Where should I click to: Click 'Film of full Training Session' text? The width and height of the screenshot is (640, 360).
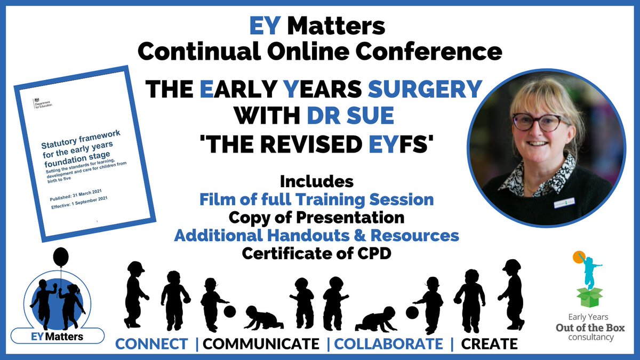click(x=317, y=200)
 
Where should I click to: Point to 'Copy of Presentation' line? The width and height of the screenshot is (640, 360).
click(x=316, y=218)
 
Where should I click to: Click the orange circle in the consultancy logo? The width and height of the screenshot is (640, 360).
click(x=577, y=257)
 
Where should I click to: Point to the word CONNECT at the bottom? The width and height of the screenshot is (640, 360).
click(x=151, y=344)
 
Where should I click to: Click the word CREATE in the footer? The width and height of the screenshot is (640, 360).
click(x=489, y=344)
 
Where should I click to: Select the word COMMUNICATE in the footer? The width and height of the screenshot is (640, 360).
click(x=261, y=344)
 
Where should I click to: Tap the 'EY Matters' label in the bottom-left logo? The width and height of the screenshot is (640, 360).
click(x=59, y=337)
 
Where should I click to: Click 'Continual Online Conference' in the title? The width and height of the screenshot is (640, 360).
click(x=319, y=52)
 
